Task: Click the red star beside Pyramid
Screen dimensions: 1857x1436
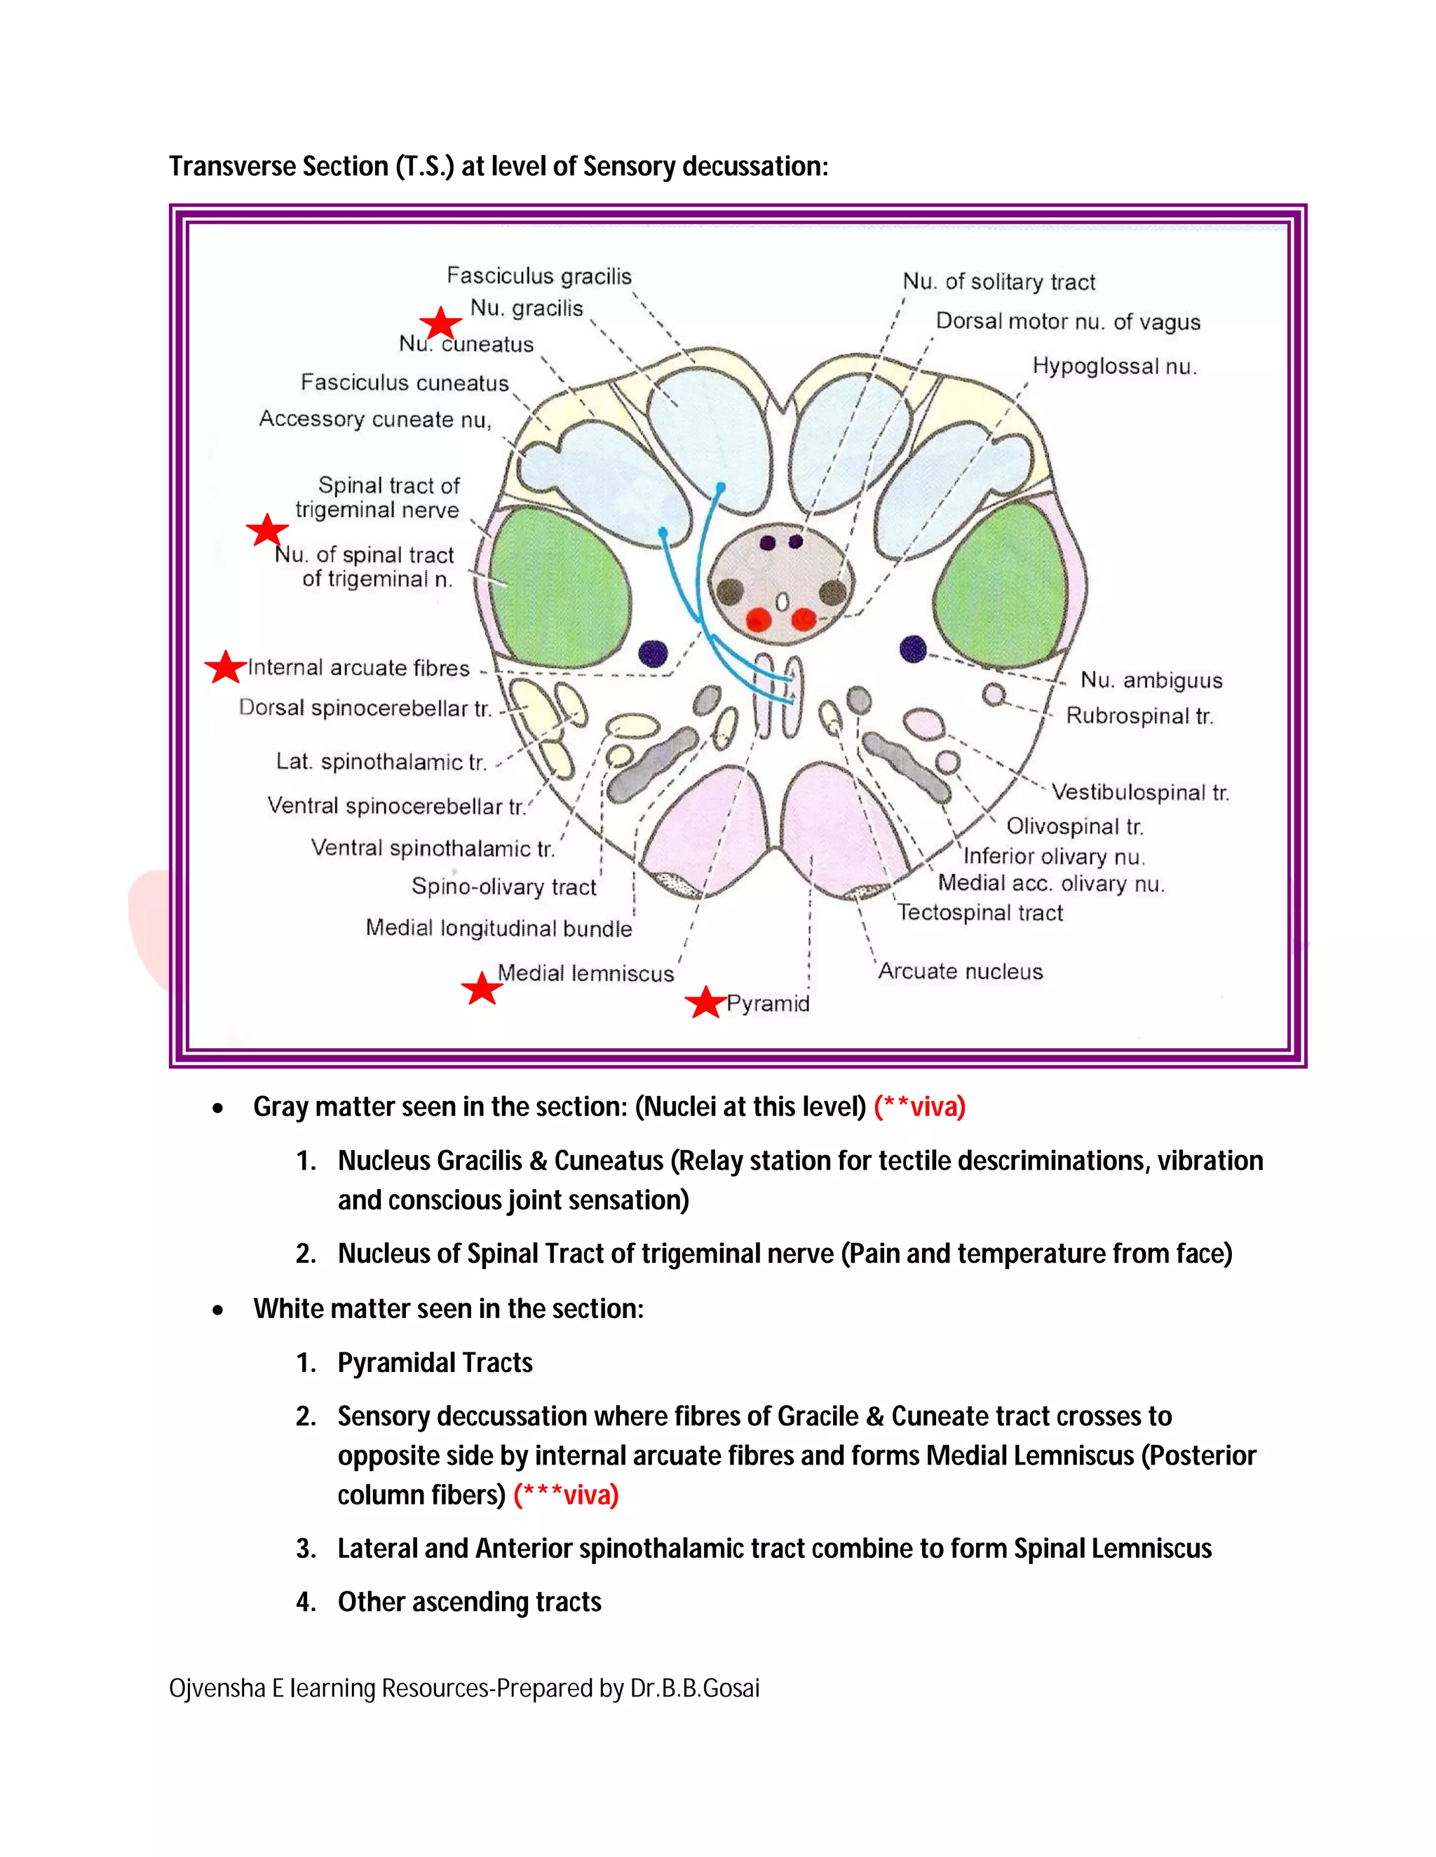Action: pyautogui.click(x=705, y=1003)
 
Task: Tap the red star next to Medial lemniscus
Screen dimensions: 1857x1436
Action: pyautogui.click(x=482, y=988)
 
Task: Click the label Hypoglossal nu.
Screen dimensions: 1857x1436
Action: pyautogui.click(x=1114, y=366)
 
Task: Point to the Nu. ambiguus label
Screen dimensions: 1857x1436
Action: pyautogui.click(x=1151, y=680)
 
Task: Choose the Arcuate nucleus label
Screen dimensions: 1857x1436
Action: pyautogui.click(x=960, y=971)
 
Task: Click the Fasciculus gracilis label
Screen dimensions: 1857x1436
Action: pyautogui.click(x=539, y=276)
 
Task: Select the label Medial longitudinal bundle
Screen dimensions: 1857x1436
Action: pyautogui.click(x=499, y=928)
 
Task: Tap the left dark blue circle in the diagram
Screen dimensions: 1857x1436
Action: pyautogui.click(x=653, y=654)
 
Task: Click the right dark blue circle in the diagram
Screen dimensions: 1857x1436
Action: pyautogui.click(x=913, y=649)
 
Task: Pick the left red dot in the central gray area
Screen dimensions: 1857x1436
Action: pyautogui.click(x=759, y=619)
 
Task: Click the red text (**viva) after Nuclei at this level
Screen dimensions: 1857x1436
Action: pyautogui.click(x=920, y=1107)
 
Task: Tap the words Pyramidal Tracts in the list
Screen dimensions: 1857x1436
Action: pyautogui.click(x=435, y=1363)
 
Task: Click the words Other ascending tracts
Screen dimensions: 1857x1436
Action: pyautogui.click(x=469, y=1602)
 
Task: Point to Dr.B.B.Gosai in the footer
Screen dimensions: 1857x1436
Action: pyautogui.click(x=694, y=1688)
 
